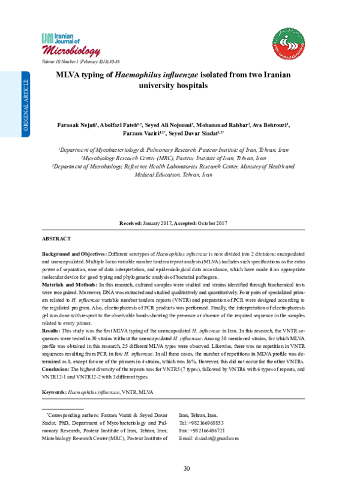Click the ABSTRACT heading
tap(56, 239)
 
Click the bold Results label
tap(51, 330)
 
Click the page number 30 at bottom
tap(186, 468)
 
